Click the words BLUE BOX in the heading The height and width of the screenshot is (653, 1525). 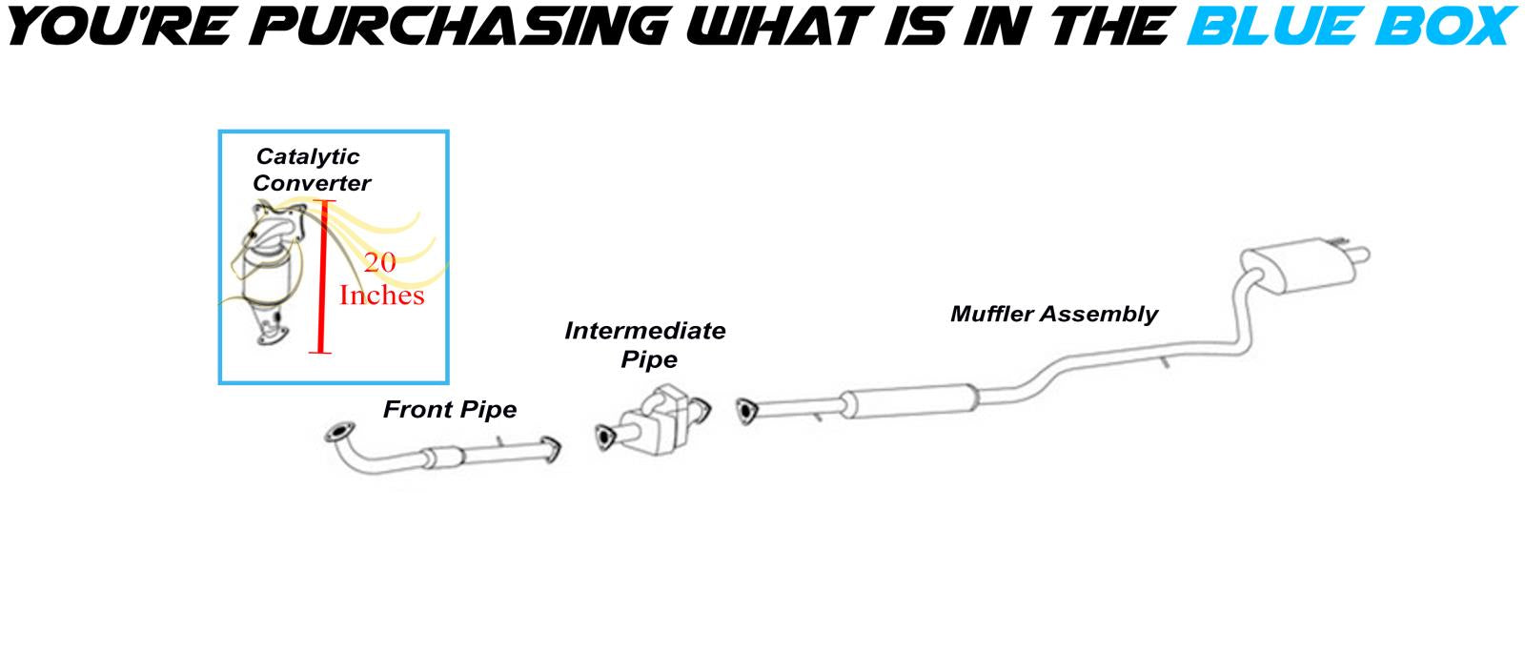(1350, 26)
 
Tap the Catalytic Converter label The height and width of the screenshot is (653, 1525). (310, 170)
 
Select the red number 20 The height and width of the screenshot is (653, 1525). (379, 262)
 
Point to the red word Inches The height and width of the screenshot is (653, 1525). (381, 296)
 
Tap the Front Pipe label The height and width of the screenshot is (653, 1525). (450, 410)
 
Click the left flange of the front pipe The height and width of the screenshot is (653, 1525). (337, 433)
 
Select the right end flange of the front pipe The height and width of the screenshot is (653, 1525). (551, 452)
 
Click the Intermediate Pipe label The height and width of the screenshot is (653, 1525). (645, 344)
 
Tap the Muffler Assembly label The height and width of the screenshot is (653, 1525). (1053, 314)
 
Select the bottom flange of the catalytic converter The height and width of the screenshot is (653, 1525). (272, 335)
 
